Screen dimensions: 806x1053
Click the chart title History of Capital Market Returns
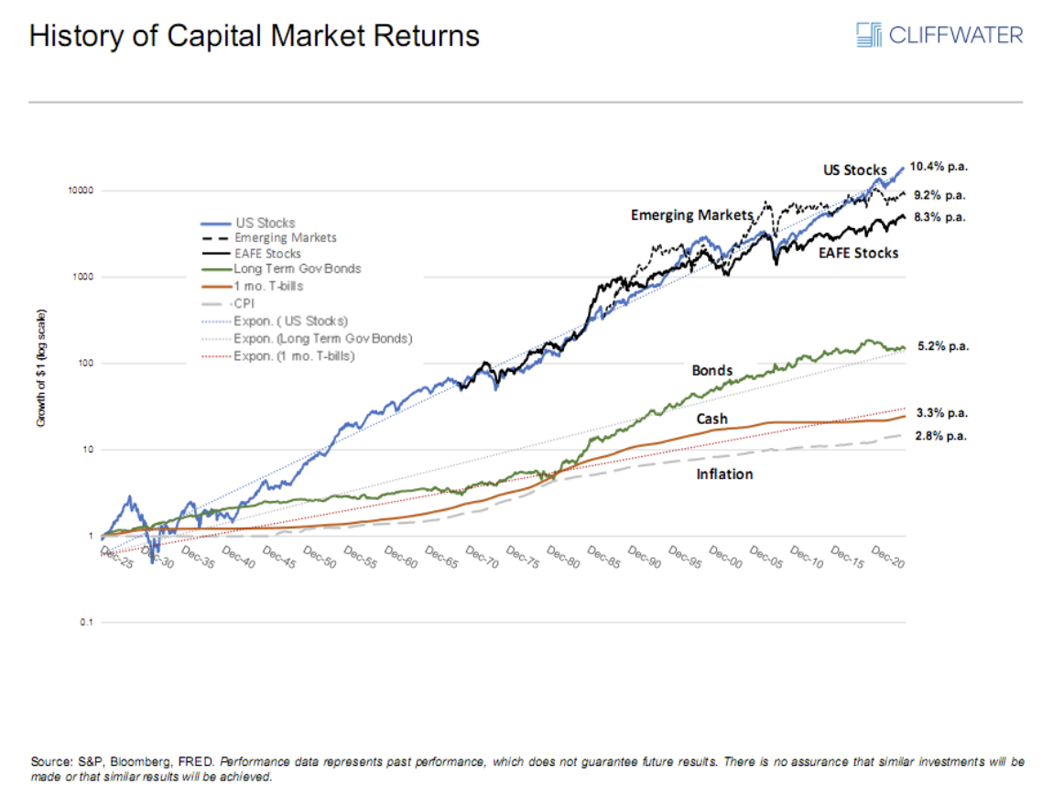pos(255,36)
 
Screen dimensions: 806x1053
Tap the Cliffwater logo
pos(939,36)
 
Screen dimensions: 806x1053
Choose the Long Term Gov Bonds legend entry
pos(297,269)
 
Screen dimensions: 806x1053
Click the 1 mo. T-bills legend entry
pos(267,285)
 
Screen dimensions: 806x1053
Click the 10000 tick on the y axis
pos(81,191)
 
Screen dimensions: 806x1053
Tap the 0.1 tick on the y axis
pos(87,623)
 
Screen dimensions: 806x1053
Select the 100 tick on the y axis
pos(84,364)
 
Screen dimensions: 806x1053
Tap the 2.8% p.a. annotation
pos(941,436)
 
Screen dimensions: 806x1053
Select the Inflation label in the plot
pos(724,474)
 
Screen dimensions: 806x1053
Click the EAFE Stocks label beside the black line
pos(858,252)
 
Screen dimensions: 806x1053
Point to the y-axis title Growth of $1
pos(42,370)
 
